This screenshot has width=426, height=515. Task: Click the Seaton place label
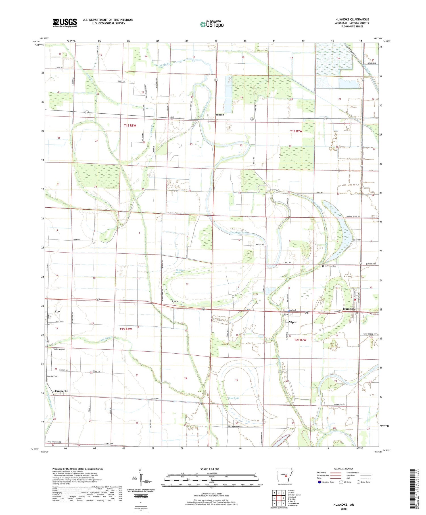pyautogui.click(x=219, y=115)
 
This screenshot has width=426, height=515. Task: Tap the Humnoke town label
pyautogui.click(x=349, y=309)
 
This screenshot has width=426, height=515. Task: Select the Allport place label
pyautogui.click(x=293, y=322)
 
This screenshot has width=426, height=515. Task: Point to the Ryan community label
pyautogui.click(x=175, y=301)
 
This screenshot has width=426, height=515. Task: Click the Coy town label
pyautogui.click(x=57, y=312)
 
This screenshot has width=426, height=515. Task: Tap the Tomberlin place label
pyautogui.click(x=61, y=391)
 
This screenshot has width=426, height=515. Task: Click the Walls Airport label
pyautogui.click(x=59, y=349)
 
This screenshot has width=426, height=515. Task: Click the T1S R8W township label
pyautogui.click(x=130, y=125)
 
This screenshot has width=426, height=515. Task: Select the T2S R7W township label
pyautogui.click(x=300, y=340)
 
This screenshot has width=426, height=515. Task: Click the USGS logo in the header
pyautogui.click(x=65, y=23)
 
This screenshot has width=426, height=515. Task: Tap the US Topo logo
pyautogui.click(x=212, y=24)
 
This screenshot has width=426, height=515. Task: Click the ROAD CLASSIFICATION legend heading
pyautogui.click(x=344, y=469)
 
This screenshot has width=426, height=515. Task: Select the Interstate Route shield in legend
pyautogui.click(x=319, y=482)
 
